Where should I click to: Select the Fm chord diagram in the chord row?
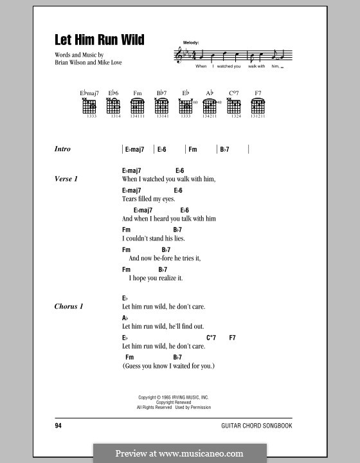coord(137,107)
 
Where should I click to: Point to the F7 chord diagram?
coord(258,107)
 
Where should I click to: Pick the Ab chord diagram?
coord(210,107)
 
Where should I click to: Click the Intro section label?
coord(63,149)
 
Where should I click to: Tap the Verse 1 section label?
coord(66,179)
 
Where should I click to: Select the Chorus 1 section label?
coord(69,306)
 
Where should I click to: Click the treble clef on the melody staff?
coord(179,56)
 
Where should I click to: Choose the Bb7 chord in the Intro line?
coord(224,149)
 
